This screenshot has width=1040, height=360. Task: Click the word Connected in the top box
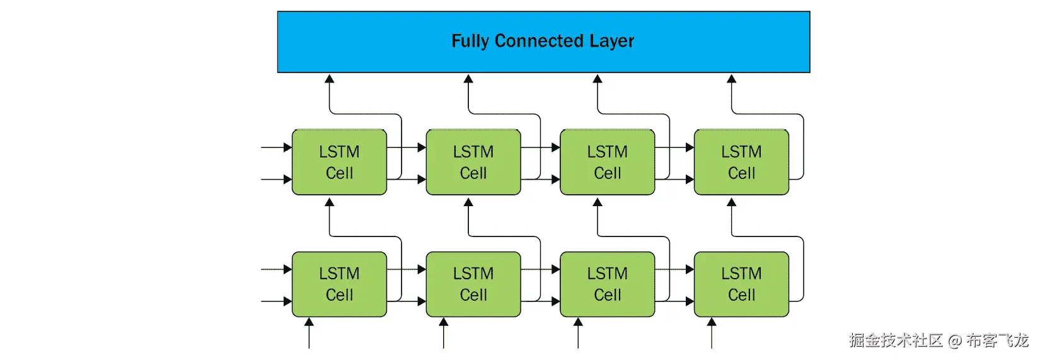(x=539, y=41)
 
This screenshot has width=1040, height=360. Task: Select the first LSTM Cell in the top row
(x=339, y=162)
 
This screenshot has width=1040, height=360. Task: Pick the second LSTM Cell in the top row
(x=473, y=162)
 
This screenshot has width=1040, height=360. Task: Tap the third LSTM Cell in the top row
(x=607, y=162)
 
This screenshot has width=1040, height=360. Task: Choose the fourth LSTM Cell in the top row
(x=741, y=162)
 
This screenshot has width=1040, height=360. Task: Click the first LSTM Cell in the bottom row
(x=339, y=284)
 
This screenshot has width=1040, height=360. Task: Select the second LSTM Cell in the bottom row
(x=473, y=284)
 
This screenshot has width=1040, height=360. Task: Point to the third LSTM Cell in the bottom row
(x=607, y=284)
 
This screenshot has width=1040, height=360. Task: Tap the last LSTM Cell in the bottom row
(x=741, y=284)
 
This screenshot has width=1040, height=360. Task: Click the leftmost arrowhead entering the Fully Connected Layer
(x=329, y=79)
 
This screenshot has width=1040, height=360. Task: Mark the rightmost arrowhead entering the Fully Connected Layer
(x=731, y=79)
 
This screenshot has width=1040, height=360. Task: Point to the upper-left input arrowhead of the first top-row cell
(x=287, y=148)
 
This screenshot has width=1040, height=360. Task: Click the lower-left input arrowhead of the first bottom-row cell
(x=287, y=301)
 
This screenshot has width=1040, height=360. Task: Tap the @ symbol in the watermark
(x=954, y=341)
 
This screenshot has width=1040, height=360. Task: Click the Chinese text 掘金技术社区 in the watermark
(x=895, y=340)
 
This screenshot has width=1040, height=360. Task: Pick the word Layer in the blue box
(x=611, y=41)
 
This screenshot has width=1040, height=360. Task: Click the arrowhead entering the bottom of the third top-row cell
(x=598, y=202)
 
